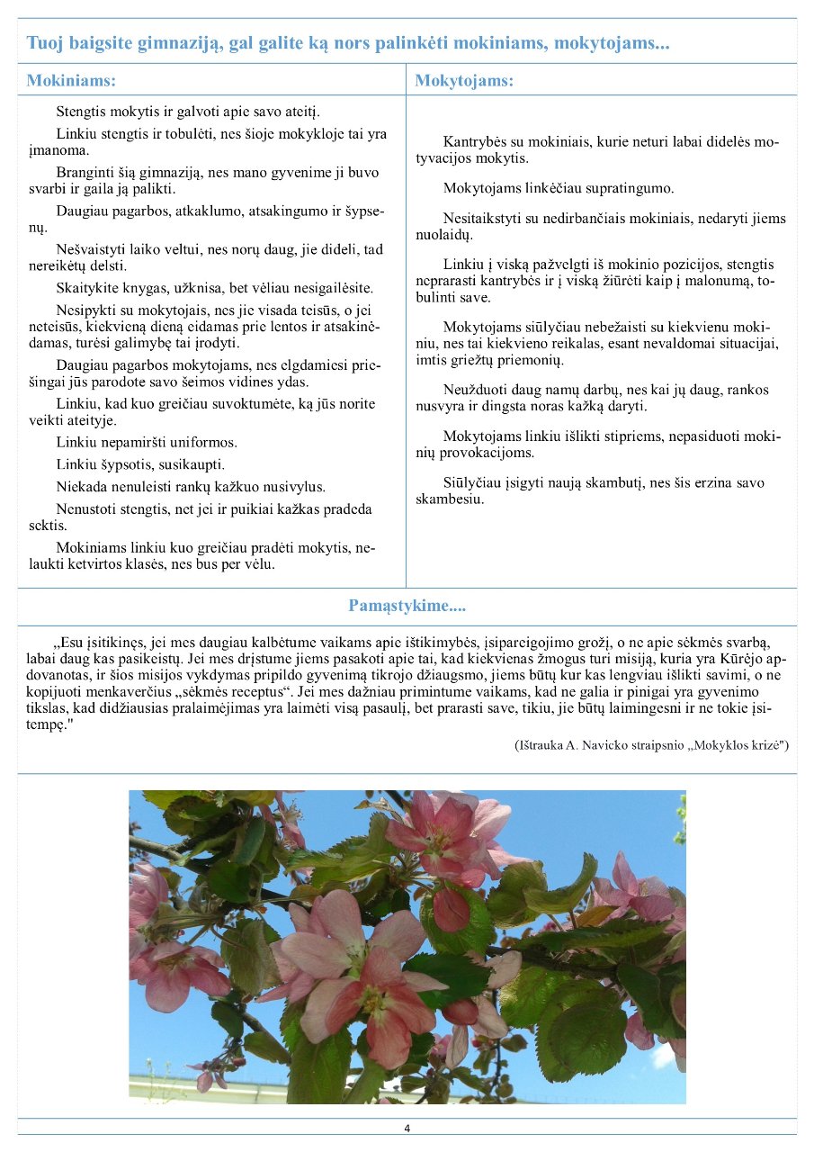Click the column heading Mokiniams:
point(72,80)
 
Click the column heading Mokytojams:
point(464,80)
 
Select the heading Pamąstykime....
point(407,606)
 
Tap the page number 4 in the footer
point(407,1129)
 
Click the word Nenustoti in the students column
point(90,508)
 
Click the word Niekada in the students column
point(82,486)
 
